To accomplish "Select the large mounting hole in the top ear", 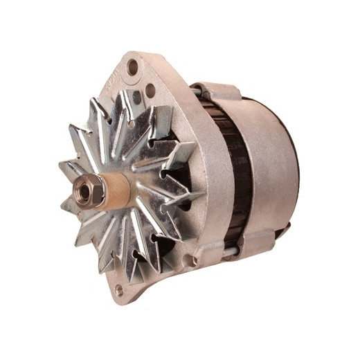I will click(132, 67).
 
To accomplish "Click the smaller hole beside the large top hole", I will click(150, 89).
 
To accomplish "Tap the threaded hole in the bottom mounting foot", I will click(118, 289).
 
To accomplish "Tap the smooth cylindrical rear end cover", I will click(270, 166).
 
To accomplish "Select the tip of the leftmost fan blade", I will click(61, 166).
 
